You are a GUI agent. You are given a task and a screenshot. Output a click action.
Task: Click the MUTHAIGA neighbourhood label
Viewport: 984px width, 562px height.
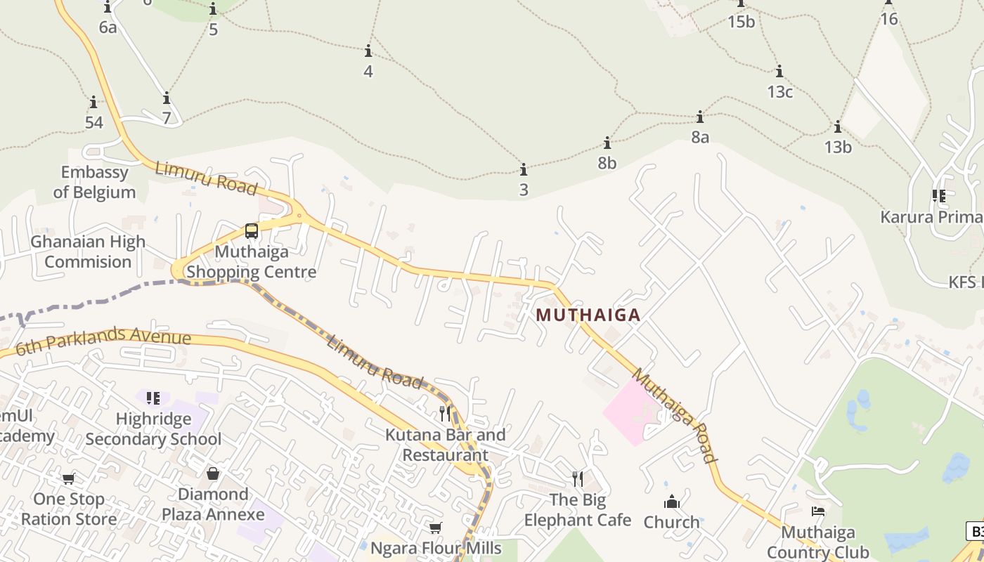[x=588, y=315]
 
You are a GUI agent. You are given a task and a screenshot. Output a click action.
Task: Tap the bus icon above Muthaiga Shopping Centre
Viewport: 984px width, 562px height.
[x=251, y=230]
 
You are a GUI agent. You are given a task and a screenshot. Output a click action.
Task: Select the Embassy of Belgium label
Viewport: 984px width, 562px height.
[x=94, y=182]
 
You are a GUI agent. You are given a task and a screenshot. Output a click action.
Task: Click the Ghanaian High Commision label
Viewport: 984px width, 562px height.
[x=88, y=251]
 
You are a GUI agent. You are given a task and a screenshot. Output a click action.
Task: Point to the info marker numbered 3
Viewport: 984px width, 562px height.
[x=524, y=170]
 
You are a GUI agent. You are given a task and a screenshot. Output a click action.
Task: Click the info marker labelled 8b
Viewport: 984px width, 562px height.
[x=607, y=143]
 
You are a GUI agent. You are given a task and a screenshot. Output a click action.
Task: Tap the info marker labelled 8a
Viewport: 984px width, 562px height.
[x=700, y=117]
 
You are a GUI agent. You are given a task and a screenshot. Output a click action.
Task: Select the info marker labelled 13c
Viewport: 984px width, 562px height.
[x=779, y=72]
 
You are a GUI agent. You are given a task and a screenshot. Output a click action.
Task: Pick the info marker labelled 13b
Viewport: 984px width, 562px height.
[x=838, y=127]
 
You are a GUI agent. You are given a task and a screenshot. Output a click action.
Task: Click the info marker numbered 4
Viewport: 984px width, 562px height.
[x=368, y=51]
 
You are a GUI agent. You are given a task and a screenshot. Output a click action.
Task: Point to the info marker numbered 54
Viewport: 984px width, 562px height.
[x=93, y=103]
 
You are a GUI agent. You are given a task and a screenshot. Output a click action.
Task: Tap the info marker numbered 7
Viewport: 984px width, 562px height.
[x=167, y=98]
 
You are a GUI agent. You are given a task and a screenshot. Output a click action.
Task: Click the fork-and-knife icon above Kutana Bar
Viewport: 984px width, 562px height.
[x=445, y=413]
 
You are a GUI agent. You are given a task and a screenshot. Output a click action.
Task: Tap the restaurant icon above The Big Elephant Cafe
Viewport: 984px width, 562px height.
[x=578, y=479]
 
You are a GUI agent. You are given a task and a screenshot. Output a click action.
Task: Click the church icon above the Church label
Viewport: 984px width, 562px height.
[x=672, y=502]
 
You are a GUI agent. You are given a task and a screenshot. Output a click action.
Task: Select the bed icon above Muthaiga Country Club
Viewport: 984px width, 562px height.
[x=818, y=511]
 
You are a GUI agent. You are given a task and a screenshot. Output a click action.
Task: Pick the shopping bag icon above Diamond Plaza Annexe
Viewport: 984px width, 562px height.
[x=213, y=473]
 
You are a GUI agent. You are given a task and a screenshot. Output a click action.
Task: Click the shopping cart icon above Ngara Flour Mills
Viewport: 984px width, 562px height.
[x=436, y=528]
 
